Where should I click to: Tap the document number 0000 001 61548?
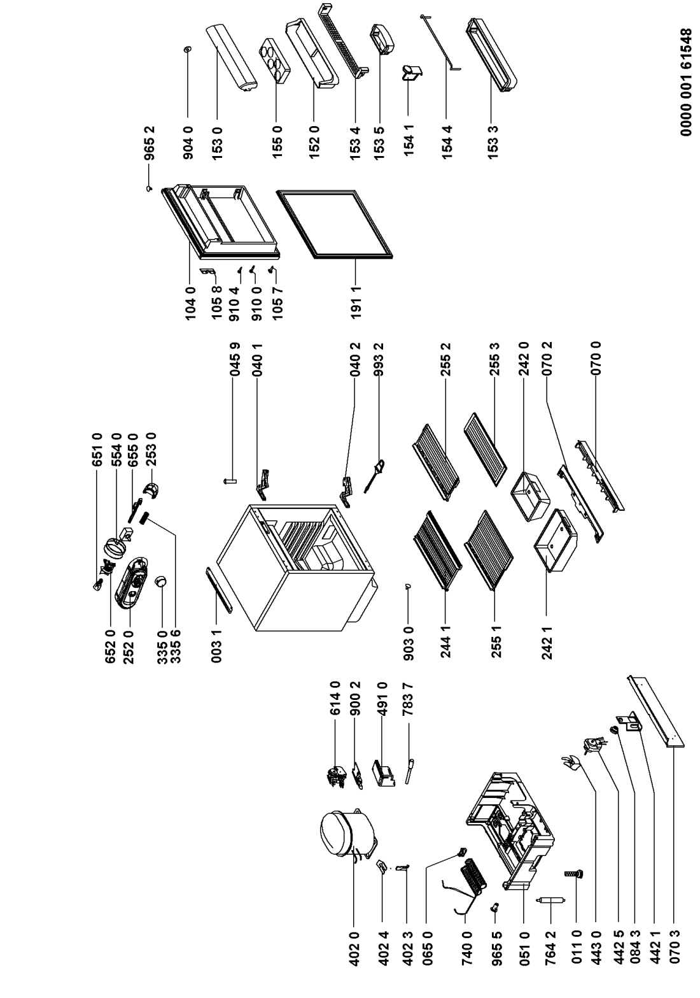[685, 83]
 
